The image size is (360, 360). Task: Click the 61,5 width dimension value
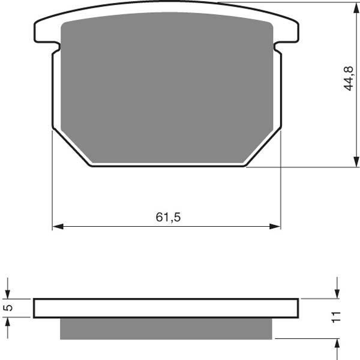coord(168,217)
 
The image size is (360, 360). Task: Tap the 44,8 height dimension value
coord(349,78)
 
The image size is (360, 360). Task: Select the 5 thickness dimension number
coord(8,308)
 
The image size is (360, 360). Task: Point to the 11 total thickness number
coord(336,317)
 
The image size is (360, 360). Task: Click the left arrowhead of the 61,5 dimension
coord(58,226)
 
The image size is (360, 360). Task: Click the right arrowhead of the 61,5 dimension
coord(275,226)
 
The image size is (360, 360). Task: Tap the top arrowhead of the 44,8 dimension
coord(356,8)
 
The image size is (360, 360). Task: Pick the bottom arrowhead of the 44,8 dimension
coord(356,161)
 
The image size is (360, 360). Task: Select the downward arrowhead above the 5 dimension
coord(8,293)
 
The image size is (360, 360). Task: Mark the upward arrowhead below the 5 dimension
coord(8,323)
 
